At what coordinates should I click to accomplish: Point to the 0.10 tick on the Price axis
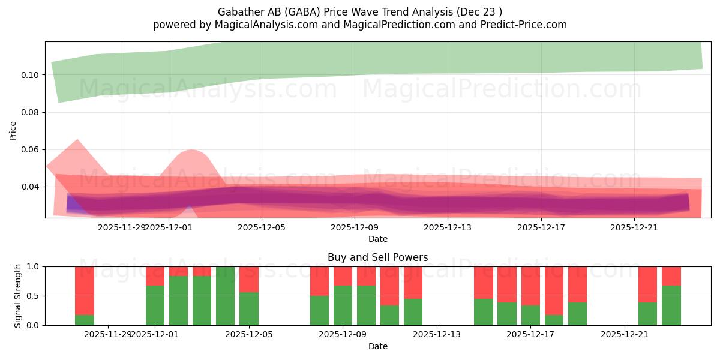[31, 75]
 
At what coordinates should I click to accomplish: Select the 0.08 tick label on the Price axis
[31, 112]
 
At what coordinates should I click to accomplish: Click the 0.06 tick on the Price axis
[31, 149]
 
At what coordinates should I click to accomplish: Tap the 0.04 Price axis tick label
[31, 187]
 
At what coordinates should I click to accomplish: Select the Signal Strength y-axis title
[18, 295]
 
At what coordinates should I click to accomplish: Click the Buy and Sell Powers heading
[377, 257]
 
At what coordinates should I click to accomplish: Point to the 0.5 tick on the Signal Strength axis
[34, 296]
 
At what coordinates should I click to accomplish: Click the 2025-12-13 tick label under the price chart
[448, 227]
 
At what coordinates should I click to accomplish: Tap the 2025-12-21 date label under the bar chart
[625, 334]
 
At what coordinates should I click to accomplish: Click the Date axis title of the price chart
[377, 239]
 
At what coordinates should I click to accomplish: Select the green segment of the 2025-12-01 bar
[155, 305]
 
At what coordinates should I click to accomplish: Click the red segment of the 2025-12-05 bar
[249, 279]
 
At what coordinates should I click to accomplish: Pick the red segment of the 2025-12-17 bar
[530, 286]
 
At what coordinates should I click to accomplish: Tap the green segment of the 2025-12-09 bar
[343, 305]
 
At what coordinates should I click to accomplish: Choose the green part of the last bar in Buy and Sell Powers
[671, 305]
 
